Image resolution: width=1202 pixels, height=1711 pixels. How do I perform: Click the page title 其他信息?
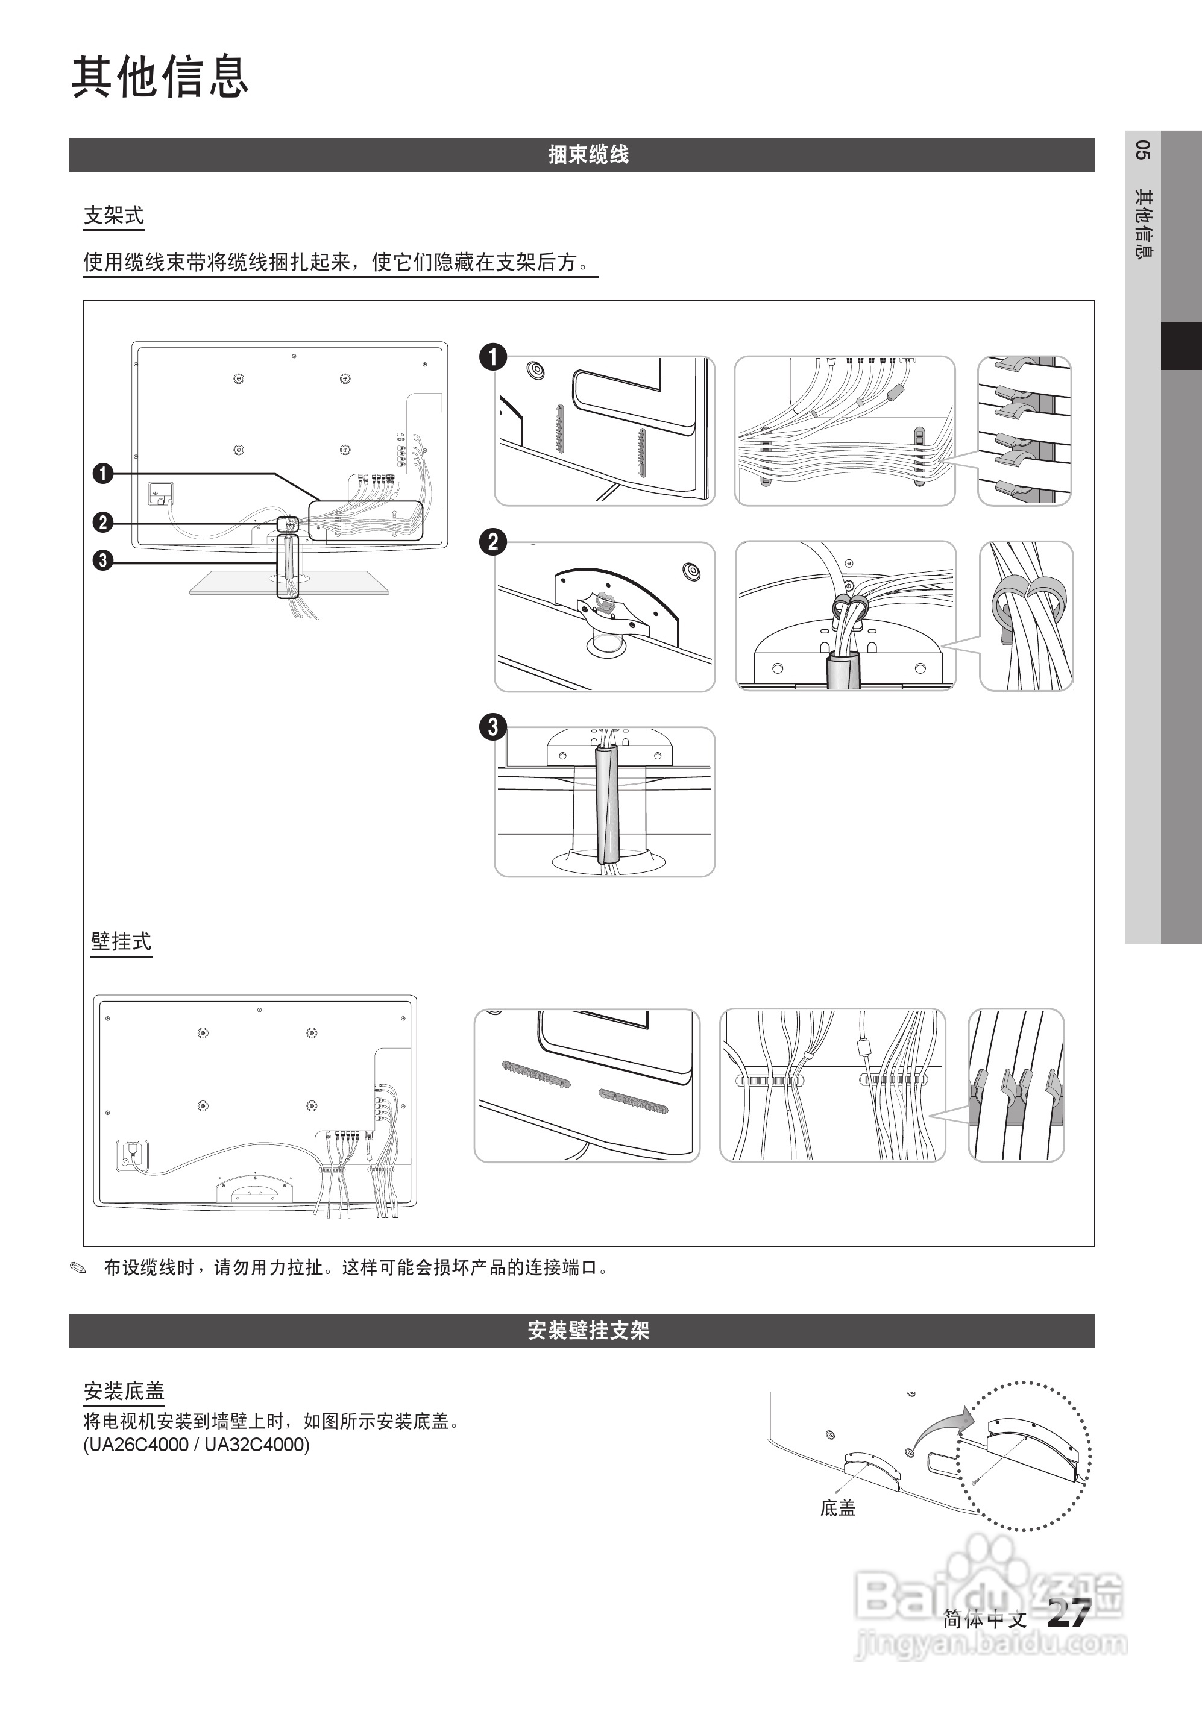[x=160, y=77]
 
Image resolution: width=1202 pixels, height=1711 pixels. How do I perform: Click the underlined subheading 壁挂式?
[x=121, y=941]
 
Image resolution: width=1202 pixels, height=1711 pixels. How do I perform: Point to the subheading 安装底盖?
[x=124, y=1390]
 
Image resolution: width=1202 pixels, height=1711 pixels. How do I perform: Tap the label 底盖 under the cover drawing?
[x=837, y=1509]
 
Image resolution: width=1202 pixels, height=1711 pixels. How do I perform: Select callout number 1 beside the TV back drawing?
[x=103, y=473]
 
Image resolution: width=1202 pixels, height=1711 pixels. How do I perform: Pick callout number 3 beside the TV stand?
[x=103, y=560]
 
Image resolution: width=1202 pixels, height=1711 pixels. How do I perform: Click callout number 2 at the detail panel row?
[x=492, y=542]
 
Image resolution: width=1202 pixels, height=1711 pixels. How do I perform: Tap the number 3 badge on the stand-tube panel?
[x=492, y=727]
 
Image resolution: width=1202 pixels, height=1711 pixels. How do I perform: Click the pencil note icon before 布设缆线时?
[x=78, y=1267]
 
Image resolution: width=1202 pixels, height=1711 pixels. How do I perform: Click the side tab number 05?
[x=1142, y=150]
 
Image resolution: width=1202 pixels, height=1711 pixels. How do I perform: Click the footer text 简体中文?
[x=984, y=1619]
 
